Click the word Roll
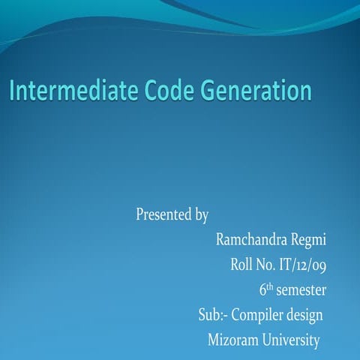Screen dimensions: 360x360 pyautogui.click(x=244, y=264)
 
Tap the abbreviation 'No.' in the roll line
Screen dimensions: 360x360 pyautogui.click(x=271, y=264)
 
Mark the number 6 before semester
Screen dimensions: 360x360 pyautogui.click(x=263, y=289)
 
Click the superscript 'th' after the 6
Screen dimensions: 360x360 pyautogui.click(x=271, y=286)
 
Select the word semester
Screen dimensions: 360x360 pyautogui.click(x=301, y=289)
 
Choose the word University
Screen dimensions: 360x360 pyautogui.click(x=292, y=340)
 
